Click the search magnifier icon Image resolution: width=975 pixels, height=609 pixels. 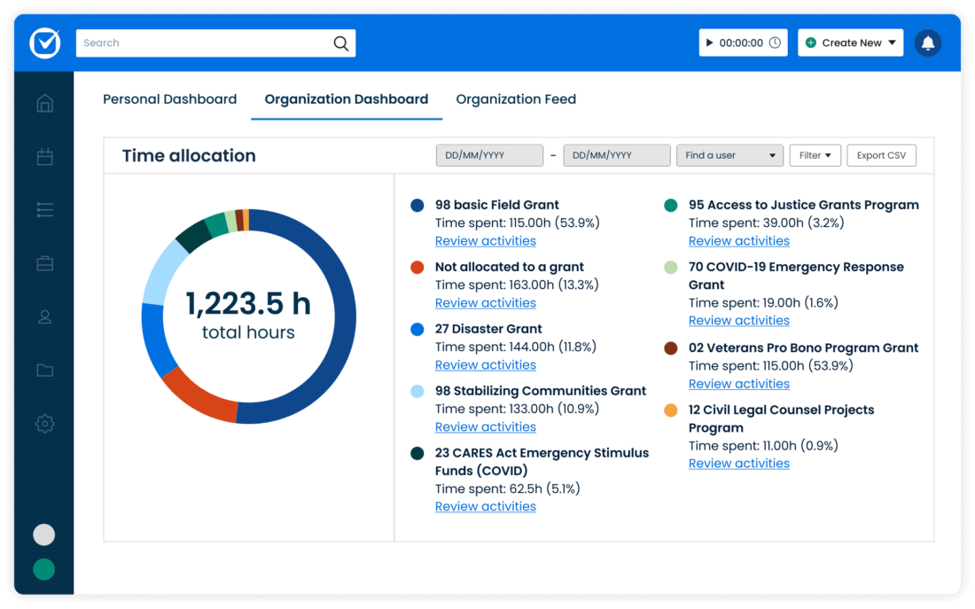[340, 43]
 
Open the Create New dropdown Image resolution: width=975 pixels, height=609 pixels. [851, 43]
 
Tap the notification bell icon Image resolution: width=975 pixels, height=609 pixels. [928, 43]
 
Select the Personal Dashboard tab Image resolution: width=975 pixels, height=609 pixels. [169, 99]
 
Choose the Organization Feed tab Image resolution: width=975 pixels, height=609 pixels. [516, 99]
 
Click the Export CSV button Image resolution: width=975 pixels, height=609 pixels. [881, 155]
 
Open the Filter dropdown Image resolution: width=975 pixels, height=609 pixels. [815, 155]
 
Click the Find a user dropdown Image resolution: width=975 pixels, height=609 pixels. [729, 155]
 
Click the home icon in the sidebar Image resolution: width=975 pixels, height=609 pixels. [45, 104]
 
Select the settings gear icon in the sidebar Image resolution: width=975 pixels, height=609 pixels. [45, 424]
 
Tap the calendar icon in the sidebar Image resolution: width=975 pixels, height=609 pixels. [45, 157]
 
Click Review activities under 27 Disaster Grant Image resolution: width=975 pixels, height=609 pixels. [485, 365]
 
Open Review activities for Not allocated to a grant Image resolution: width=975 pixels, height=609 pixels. [485, 303]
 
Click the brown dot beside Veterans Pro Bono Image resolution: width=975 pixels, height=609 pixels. [671, 348]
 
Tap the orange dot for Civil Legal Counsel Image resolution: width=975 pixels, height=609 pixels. [671, 410]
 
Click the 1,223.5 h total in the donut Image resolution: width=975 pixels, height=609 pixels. [248, 304]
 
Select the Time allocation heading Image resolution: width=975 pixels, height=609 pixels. [189, 156]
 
